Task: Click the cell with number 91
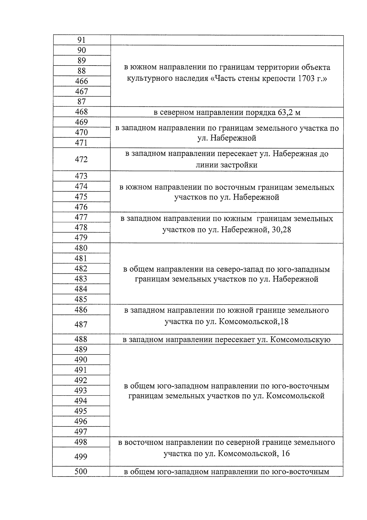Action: pyautogui.click(x=81, y=40)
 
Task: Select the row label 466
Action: pyautogui.click(x=81, y=81)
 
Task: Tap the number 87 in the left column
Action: pyautogui.click(x=81, y=102)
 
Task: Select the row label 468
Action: pyautogui.click(x=81, y=112)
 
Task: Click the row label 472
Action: pyautogui.click(x=81, y=159)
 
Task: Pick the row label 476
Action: pyautogui.click(x=81, y=207)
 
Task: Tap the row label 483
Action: pyautogui.click(x=81, y=279)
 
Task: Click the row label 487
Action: pyautogui.click(x=81, y=325)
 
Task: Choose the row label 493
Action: pyautogui.click(x=81, y=391)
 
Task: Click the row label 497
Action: pyautogui.click(x=81, y=432)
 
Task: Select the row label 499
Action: pyautogui.click(x=81, y=457)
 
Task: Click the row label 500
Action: pyautogui.click(x=81, y=472)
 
